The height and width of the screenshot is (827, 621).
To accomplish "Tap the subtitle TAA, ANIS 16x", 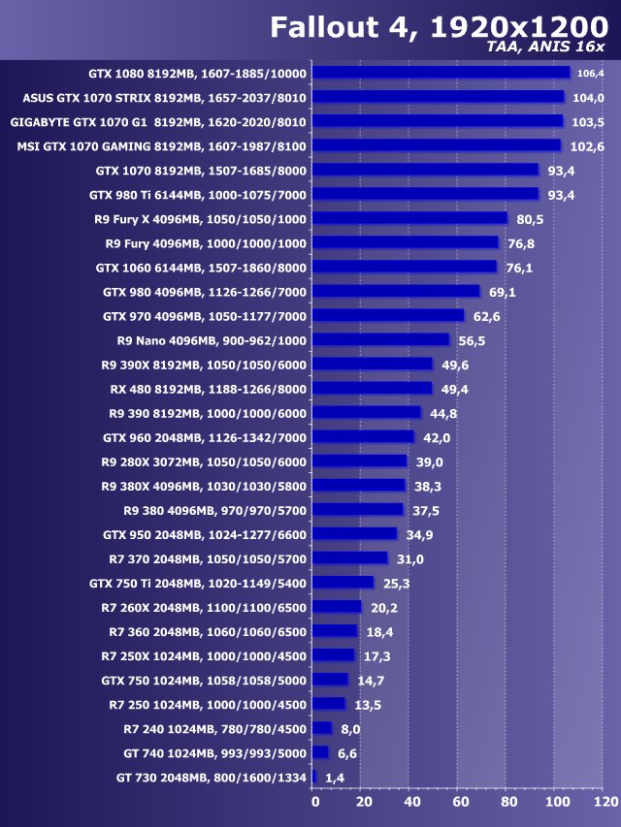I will pos(546,47).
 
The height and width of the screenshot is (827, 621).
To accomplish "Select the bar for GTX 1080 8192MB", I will pos(441,73).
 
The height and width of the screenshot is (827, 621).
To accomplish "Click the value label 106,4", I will pos(590,73).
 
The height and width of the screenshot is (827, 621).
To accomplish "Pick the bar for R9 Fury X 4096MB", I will pos(410,218).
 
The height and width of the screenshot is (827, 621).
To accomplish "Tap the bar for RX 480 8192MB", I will pos(373,388).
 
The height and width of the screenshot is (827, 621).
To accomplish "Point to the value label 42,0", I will pos(433,436).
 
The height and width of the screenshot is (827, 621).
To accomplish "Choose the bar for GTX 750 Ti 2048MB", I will pos(343,582).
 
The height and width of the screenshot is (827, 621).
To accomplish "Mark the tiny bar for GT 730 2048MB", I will pos(314,777).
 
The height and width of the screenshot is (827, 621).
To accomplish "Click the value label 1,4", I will pos(336,777).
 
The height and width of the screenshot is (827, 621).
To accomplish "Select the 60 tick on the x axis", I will pos(460,803).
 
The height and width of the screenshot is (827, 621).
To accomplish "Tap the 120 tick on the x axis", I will pos(605,803).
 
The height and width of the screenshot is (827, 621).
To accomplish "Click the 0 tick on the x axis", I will pos(314,803).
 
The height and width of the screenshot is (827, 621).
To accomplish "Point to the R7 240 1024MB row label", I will pos(214,728).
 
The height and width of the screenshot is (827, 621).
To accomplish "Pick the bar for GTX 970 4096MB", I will pos(389,315).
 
